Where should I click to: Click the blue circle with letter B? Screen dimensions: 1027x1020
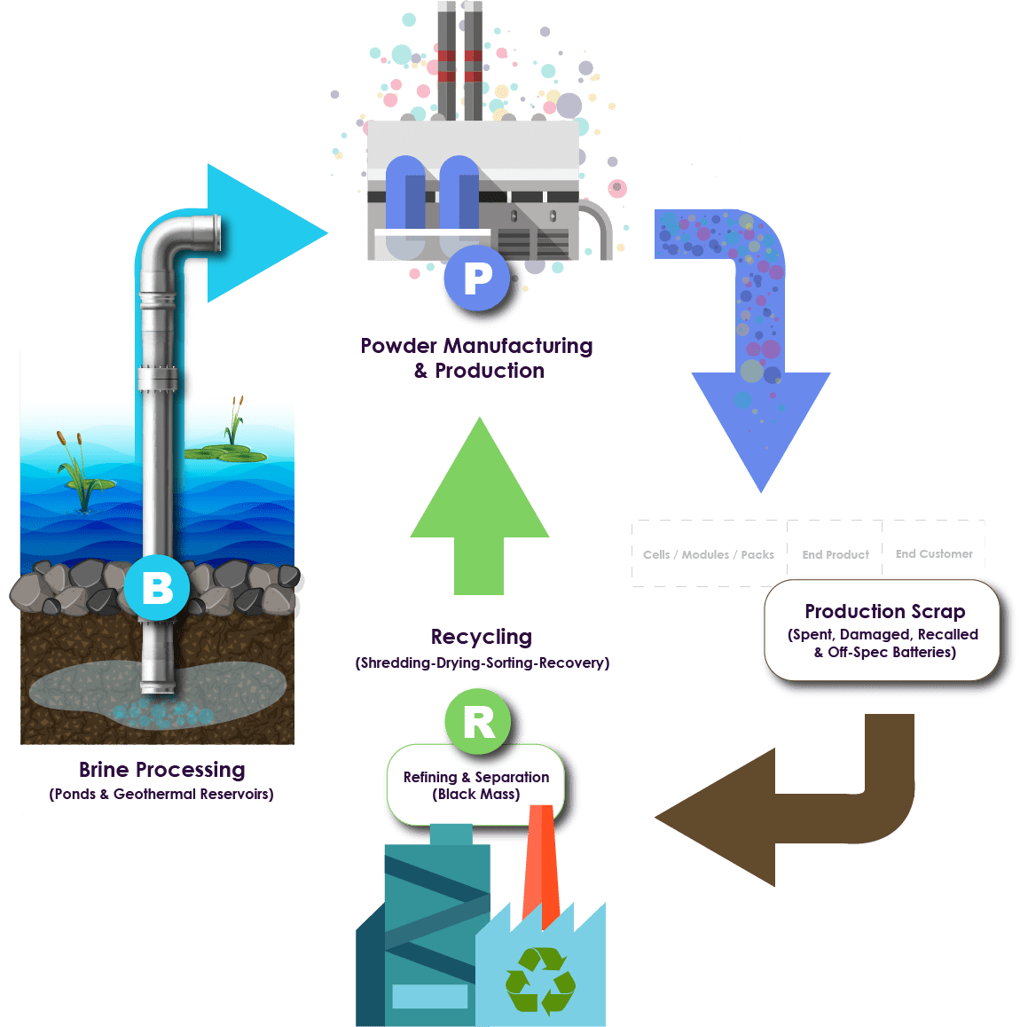[x=157, y=587]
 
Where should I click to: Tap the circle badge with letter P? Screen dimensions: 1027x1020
[x=477, y=278]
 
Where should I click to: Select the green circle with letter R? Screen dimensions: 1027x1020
[x=478, y=722]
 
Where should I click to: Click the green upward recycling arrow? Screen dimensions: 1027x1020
[x=480, y=506]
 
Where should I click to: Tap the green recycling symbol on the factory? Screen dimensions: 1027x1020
[x=540, y=980]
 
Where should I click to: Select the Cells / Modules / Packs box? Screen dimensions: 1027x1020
[x=709, y=554]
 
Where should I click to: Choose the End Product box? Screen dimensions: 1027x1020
[x=835, y=554]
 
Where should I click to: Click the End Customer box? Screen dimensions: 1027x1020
[x=934, y=553]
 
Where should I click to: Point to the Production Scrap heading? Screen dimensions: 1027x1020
[x=884, y=611]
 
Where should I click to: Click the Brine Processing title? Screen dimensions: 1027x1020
[x=161, y=769]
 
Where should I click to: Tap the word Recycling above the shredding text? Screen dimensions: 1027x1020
[x=482, y=637]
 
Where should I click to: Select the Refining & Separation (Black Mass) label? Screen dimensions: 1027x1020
[x=476, y=785]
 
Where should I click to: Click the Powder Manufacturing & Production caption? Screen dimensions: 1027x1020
[x=477, y=357]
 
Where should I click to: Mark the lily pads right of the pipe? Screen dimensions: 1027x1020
[x=225, y=453]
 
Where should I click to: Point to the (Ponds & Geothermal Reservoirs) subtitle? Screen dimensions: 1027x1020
[x=161, y=794]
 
